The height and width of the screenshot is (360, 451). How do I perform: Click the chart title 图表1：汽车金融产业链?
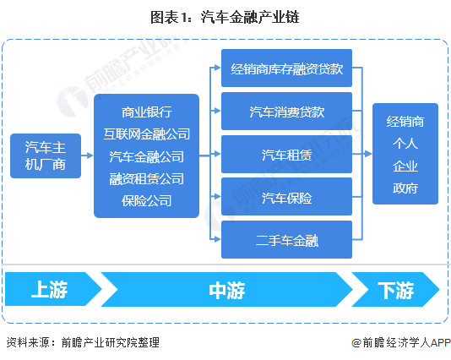[x=225, y=16]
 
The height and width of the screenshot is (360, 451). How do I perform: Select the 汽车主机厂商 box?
[x=46, y=155]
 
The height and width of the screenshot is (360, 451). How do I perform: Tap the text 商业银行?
[x=146, y=112]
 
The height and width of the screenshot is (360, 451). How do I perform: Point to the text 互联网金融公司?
[x=146, y=134]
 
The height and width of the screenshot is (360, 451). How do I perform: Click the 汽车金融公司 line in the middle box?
[x=146, y=156]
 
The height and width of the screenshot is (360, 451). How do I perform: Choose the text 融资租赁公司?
[x=146, y=178]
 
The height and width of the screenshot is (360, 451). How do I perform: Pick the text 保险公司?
[x=146, y=201]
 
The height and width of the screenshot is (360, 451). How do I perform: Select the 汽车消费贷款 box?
[x=286, y=112]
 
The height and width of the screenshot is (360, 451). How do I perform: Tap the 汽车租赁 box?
[x=286, y=155]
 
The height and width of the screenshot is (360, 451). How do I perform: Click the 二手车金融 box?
[x=286, y=239]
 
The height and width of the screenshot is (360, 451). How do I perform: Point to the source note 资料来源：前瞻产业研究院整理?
[x=82, y=342]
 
